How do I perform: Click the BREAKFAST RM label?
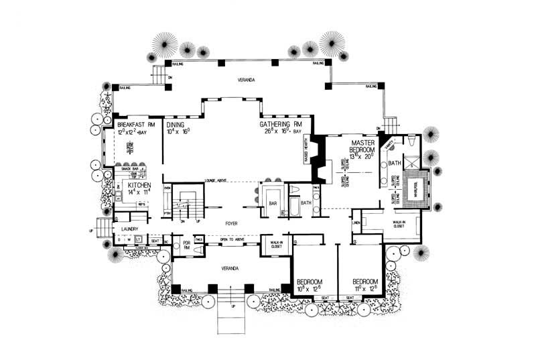point(136,125)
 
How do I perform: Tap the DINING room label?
point(176,125)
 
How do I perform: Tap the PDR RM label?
point(187,245)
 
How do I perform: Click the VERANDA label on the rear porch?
point(246,80)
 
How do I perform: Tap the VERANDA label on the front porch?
point(231,267)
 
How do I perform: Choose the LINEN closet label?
point(356,223)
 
